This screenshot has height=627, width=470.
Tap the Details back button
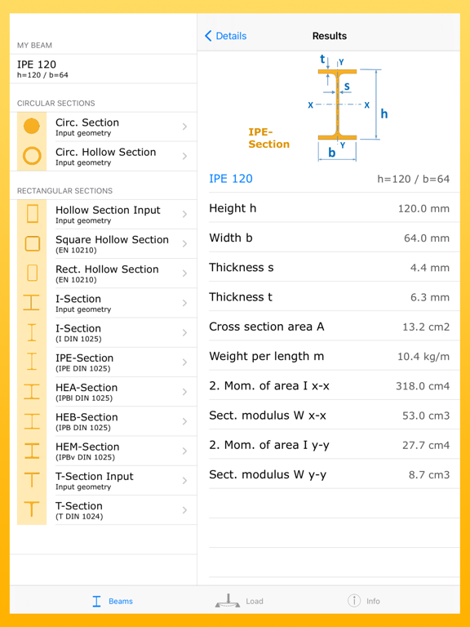click(x=226, y=36)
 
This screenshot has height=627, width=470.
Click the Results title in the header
click(x=330, y=36)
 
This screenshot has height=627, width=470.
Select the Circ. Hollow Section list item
click(x=105, y=156)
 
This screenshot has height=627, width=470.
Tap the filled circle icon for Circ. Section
click(x=32, y=127)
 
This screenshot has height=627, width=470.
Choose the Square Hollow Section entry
click(x=112, y=244)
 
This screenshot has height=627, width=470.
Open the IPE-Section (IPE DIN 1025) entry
click(x=85, y=362)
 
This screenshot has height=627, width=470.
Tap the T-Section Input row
click(x=94, y=480)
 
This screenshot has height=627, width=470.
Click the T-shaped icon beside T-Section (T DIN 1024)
click(x=32, y=510)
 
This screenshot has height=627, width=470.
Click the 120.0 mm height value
click(x=423, y=209)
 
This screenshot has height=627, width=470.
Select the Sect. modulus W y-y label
click(x=268, y=474)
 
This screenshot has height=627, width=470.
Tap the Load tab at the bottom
click(x=239, y=601)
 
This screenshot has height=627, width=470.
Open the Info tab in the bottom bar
click(x=364, y=601)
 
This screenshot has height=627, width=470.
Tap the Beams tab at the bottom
click(x=112, y=601)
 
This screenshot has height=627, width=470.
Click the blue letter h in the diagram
click(x=384, y=113)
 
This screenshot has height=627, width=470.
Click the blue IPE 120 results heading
click(x=231, y=179)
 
